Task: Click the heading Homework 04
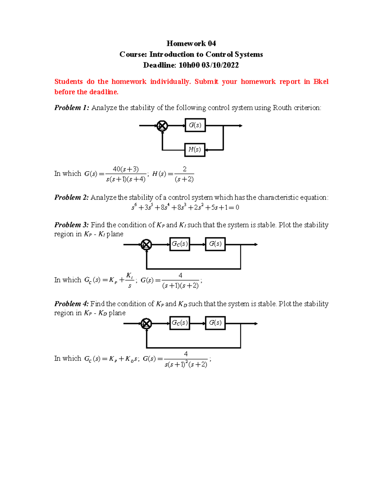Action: point(191,43)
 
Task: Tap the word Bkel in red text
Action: point(321,81)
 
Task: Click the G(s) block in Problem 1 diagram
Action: point(195,125)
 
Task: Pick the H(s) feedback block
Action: point(195,149)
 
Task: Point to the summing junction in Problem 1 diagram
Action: point(162,126)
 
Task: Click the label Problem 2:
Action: point(71,197)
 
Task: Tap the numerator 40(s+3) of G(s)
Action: point(126,169)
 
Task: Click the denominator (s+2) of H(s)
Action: point(184,179)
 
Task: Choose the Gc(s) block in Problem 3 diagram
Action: point(180,244)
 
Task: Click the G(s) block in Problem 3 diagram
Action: point(215,244)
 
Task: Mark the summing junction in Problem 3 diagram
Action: point(146,245)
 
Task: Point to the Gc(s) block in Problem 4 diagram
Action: point(180,323)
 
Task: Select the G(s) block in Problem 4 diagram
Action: point(215,323)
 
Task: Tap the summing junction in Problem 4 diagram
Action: point(146,324)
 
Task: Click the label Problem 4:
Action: point(71,304)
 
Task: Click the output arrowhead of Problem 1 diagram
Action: point(241,126)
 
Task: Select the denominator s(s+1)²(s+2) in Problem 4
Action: point(186,364)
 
